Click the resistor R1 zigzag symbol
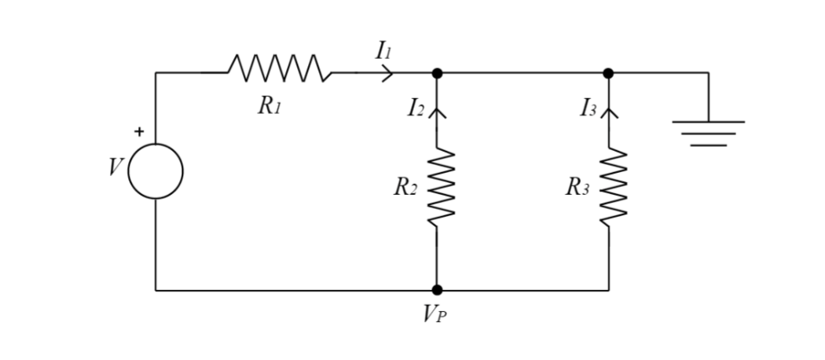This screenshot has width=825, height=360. click(x=279, y=68)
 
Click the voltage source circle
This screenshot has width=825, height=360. click(x=156, y=171)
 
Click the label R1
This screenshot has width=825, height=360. click(x=269, y=106)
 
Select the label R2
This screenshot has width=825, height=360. click(x=405, y=188)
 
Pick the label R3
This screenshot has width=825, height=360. click(x=577, y=188)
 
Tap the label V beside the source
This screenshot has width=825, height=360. click(x=116, y=167)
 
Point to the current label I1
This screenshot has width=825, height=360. click(x=383, y=51)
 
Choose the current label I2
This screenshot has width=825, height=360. click(x=416, y=108)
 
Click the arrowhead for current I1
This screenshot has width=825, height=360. click(x=387, y=73)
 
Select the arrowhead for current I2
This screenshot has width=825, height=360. click(x=438, y=113)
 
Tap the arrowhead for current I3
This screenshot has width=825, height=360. click(x=609, y=113)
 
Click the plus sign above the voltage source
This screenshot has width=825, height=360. click(x=140, y=132)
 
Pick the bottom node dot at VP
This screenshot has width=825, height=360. click(x=438, y=290)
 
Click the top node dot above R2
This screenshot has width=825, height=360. click(x=438, y=73)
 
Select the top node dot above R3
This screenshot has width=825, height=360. click(x=608, y=73)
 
